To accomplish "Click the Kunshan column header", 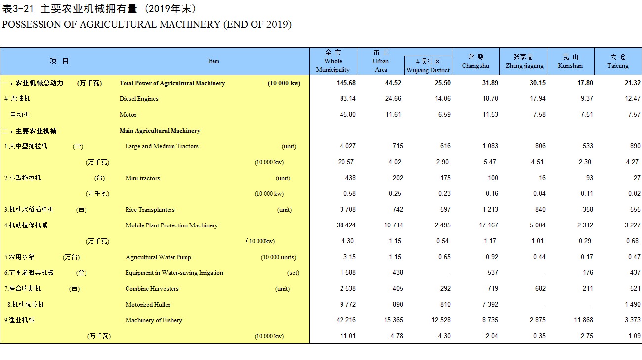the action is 570,61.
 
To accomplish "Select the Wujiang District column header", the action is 428,66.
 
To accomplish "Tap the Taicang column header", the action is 618,61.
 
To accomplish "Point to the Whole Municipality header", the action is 333,61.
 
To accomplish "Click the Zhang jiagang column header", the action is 524,61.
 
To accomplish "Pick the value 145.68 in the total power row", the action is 346,83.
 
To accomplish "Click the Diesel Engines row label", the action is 139,99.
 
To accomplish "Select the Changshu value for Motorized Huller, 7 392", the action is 490,304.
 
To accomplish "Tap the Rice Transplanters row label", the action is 150,209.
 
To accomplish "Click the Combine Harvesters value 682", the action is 540,289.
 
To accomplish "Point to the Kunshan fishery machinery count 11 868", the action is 583,320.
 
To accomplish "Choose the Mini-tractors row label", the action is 142,178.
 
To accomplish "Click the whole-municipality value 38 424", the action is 346,225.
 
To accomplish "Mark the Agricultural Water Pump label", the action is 158,257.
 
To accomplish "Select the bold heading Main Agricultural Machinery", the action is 160,131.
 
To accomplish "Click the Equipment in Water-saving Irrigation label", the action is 174,273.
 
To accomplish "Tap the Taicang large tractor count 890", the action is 635,146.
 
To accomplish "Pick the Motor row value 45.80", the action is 347,114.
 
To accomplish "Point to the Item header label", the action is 214,61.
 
